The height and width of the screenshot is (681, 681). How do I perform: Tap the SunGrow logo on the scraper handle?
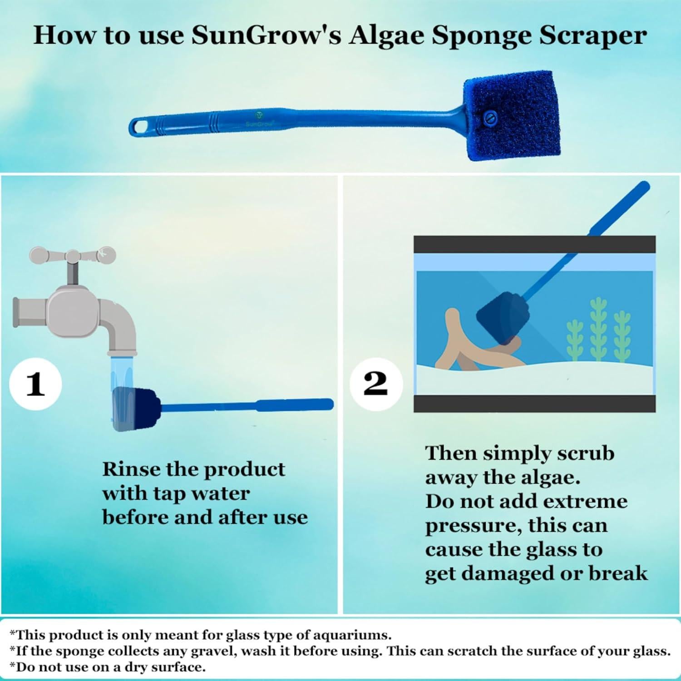point(258,119)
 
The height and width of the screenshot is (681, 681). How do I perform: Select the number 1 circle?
point(36,384)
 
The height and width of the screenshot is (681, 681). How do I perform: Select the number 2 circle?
point(375,384)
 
